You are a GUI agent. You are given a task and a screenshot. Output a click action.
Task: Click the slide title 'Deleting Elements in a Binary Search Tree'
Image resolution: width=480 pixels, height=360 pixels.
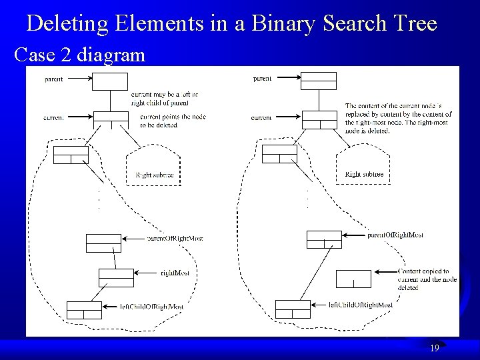[x=231, y=25]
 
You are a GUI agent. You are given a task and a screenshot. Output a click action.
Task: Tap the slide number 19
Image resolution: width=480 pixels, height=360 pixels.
[x=434, y=348]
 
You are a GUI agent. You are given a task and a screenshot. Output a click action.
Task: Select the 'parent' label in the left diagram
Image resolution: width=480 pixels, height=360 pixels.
[x=54, y=79]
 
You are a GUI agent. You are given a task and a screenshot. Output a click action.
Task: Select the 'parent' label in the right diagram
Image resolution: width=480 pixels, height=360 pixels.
[x=262, y=79]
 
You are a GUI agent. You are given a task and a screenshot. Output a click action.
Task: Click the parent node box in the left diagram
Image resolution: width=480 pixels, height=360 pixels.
[x=110, y=81]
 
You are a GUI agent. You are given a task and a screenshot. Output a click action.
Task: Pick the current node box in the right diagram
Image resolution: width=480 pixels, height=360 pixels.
[x=319, y=120]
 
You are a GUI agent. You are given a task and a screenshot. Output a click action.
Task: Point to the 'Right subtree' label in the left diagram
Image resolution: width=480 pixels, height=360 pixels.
[x=155, y=175]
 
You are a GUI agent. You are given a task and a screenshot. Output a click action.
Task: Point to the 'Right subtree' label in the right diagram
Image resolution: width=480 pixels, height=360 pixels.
[x=364, y=175]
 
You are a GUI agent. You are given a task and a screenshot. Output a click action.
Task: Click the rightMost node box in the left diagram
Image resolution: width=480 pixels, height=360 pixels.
[x=117, y=277]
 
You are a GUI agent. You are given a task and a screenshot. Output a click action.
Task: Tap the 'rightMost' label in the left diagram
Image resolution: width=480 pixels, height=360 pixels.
[x=175, y=273]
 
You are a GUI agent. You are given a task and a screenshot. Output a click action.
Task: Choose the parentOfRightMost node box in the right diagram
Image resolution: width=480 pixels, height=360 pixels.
[x=324, y=239]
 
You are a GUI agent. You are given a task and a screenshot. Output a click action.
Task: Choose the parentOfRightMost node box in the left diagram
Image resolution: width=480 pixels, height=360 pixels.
[x=103, y=243]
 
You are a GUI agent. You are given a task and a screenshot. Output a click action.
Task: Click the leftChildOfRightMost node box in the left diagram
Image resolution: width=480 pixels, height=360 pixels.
[x=84, y=310]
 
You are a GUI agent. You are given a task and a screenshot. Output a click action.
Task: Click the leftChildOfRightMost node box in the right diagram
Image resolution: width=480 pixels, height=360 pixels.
[x=293, y=309]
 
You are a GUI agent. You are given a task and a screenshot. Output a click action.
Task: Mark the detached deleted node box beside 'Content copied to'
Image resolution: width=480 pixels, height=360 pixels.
[x=353, y=278]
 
